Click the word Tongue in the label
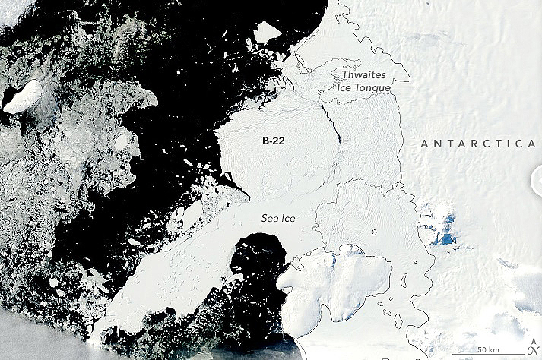[x=372, y=88]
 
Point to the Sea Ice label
[x=277, y=219]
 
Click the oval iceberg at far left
[x=23, y=96]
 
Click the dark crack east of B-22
[x=331, y=125]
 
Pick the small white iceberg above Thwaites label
[x=267, y=32]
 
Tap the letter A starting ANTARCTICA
[x=424, y=143]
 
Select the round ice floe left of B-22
[x=122, y=142]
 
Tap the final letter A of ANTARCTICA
[x=532, y=143]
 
